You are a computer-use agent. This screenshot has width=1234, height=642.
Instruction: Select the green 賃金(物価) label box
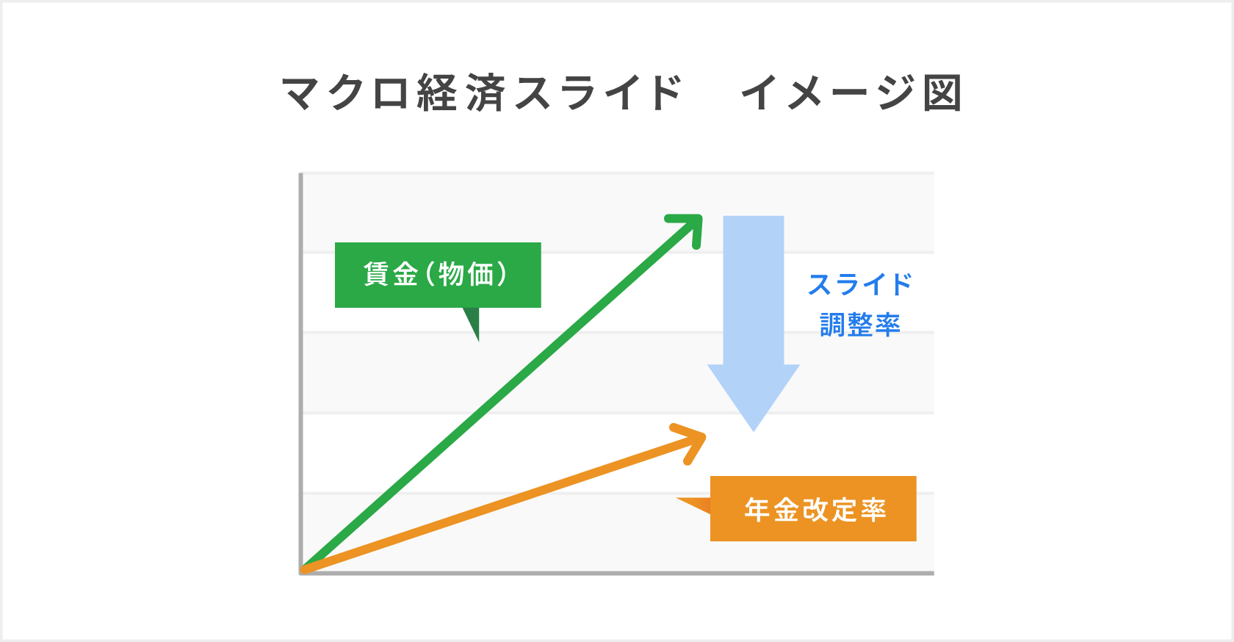(x=438, y=275)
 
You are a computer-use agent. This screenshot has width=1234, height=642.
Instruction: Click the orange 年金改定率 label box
(x=813, y=509)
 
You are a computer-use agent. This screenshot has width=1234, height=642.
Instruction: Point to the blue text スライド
(x=859, y=284)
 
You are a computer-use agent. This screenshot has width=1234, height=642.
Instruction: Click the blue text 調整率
(x=859, y=324)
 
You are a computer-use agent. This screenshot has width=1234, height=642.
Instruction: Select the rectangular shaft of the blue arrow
(x=754, y=290)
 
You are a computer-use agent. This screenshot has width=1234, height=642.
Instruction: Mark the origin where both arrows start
(x=303, y=570)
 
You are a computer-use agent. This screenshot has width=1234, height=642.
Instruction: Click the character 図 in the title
(x=942, y=93)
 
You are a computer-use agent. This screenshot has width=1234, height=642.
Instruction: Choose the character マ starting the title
(x=301, y=93)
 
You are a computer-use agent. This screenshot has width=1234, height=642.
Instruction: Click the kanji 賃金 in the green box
(x=391, y=275)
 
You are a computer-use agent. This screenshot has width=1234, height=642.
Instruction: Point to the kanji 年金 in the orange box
(x=771, y=509)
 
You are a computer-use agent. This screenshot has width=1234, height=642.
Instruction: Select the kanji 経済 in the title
(x=461, y=93)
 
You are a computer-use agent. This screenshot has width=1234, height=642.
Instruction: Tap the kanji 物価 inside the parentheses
(x=466, y=275)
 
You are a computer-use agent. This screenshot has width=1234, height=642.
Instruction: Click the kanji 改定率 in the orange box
(x=844, y=509)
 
